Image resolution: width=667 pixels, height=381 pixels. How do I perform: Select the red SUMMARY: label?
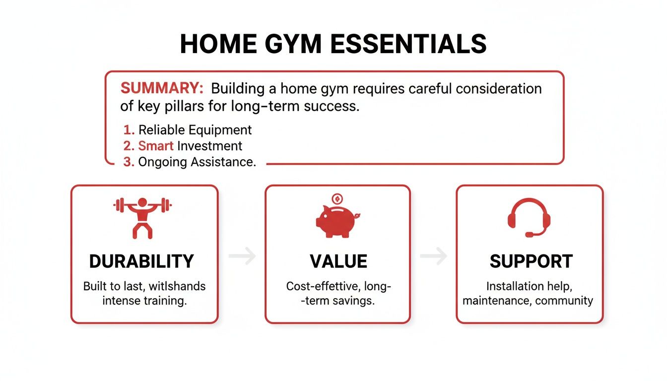point(162,89)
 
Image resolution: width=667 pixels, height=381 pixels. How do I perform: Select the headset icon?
point(529,217)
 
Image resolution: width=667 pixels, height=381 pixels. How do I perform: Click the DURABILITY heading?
point(141,261)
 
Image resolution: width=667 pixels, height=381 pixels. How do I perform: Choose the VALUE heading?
point(338,261)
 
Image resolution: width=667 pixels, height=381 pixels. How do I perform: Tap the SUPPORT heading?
point(531,261)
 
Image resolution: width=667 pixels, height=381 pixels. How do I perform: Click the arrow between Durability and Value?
point(243,256)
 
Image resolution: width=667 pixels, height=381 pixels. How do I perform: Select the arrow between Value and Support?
point(434,256)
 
